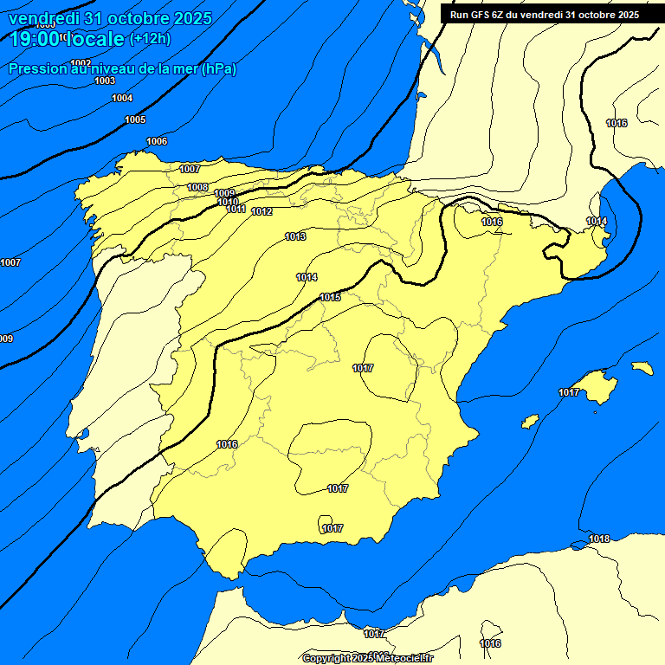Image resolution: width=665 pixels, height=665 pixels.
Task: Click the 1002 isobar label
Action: click(x=81, y=63)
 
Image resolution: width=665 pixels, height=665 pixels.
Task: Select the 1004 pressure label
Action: click(x=122, y=98)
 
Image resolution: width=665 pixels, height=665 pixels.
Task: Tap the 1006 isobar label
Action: click(x=157, y=141)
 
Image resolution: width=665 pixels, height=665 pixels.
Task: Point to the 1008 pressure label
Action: click(x=197, y=187)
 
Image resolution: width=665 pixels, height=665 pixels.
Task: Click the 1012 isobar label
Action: click(x=262, y=212)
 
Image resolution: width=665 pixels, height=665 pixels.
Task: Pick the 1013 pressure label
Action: click(x=296, y=236)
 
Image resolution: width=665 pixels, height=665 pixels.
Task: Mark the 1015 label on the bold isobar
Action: click(x=330, y=297)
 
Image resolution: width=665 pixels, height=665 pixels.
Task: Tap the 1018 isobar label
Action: click(x=599, y=539)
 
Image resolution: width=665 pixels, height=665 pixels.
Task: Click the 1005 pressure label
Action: click(x=135, y=119)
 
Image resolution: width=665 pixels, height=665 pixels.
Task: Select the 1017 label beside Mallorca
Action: click(x=569, y=392)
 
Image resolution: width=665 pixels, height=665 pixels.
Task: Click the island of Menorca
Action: click(x=642, y=368)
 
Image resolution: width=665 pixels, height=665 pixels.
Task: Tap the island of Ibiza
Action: click(x=530, y=421)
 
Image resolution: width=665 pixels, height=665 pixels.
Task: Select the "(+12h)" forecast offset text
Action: click(x=150, y=38)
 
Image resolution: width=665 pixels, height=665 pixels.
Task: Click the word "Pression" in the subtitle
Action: click(x=37, y=68)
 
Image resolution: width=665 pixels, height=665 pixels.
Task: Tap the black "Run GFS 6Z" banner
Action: click(x=545, y=15)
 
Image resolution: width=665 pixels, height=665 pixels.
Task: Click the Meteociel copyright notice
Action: click(x=368, y=658)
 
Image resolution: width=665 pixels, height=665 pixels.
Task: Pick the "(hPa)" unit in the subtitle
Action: click(x=217, y=68)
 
